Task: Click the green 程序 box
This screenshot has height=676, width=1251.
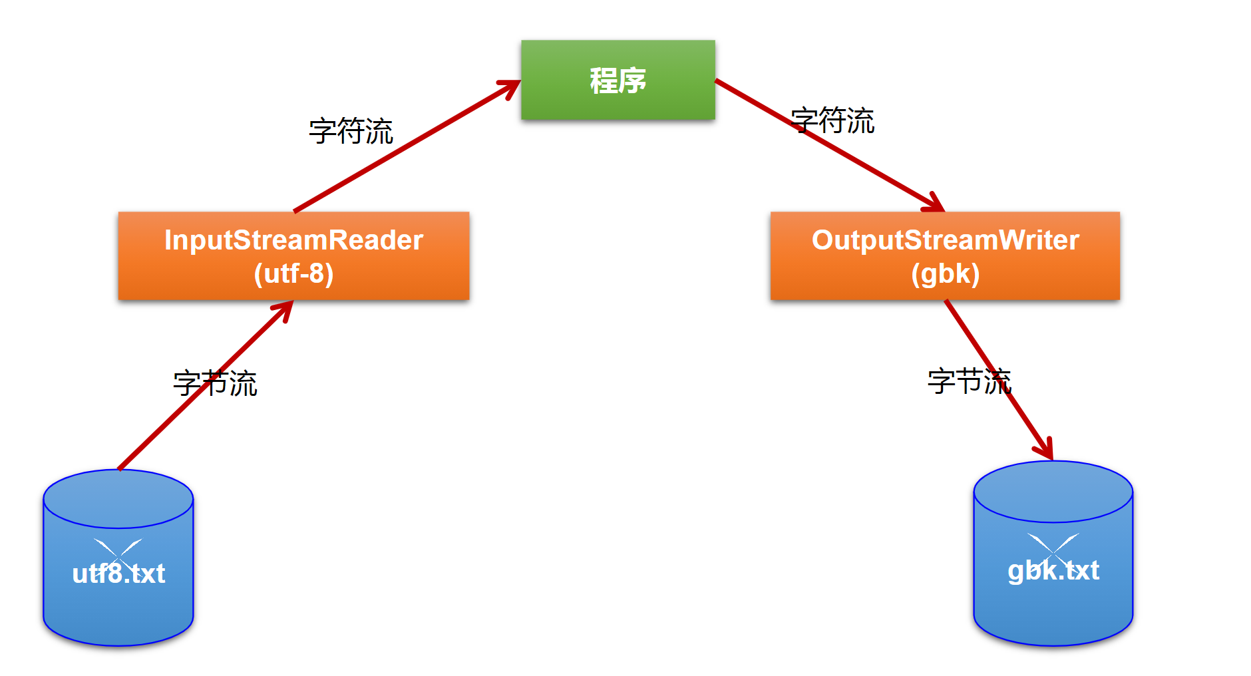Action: pyautogui.click(x=618, y=80)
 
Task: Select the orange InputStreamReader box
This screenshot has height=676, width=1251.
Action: pyautogui.click(x=293, y=256)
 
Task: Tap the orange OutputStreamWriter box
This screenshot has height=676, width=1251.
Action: pyautogui.click(x=945, y=256)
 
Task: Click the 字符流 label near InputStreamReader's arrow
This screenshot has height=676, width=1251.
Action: pyautogui.click(x=351, y=131)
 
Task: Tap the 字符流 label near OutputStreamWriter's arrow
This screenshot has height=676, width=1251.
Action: pyautogui.click(x=832, y=121)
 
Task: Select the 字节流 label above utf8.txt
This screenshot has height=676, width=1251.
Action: pyautogui.click(x=215, y=384)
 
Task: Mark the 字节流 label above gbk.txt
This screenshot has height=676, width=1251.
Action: pyautogui.click(x=969, y=382)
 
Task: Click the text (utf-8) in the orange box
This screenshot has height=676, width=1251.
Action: pyautogui.click(x=293, y=274)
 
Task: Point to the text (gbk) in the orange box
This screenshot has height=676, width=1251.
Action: pyautogui.click(x=945, y=274)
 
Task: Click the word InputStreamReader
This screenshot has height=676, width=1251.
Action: pyautogui.click(x=293, y=240)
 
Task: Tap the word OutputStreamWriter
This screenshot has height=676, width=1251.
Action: pyautogui.click(x=945, y=240)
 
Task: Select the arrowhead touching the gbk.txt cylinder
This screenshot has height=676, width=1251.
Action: pyautogui.click(x=1047, y=449)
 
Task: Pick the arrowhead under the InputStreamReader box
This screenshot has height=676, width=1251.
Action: pyautogui.click(x=284, y=309)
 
